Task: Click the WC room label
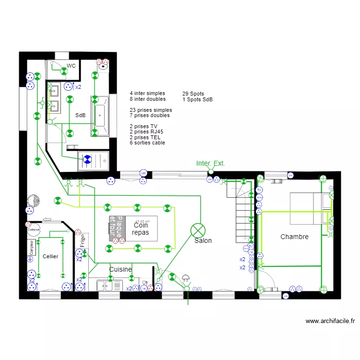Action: [71, 66]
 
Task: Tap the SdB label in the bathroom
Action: [80, 115]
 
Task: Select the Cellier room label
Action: [50, 256]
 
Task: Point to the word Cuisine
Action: [120, 269]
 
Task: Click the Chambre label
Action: [294, 237]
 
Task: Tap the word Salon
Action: [203, 240]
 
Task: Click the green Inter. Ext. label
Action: [210, 164]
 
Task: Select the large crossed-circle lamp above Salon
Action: [197, 230]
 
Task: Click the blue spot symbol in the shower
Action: [87, 160]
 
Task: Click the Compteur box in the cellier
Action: [32, 247]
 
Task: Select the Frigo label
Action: [83, 240]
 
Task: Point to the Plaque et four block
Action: [116, 228]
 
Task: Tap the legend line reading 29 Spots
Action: [193, 94]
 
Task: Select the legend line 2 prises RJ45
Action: [146, 132]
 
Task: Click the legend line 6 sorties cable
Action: [147, 143]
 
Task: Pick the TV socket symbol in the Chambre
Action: [259, 190]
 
